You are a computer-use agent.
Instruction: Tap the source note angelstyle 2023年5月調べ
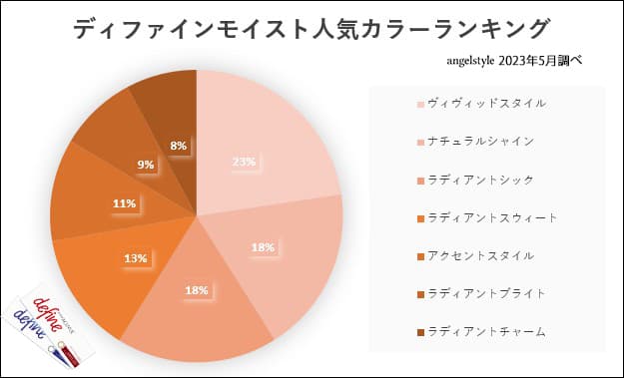(x=515, y=60)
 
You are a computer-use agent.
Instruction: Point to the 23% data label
(x=244, y=162)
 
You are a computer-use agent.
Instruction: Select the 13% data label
(x=136, y=258)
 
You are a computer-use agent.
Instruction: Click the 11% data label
(x=124, y=203)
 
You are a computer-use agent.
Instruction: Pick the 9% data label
(x=146, y=165)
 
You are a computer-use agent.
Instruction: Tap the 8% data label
(x=179, y=146)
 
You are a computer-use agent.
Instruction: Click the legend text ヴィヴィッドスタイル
(x=472, y=103)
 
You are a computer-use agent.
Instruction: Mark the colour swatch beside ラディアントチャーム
(x=419, y=331)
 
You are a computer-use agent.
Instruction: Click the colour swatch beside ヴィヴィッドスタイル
(x=419, y=104)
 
